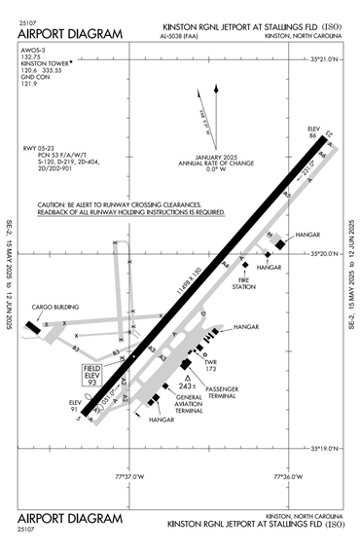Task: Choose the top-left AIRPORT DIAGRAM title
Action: (x=70, y=35)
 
